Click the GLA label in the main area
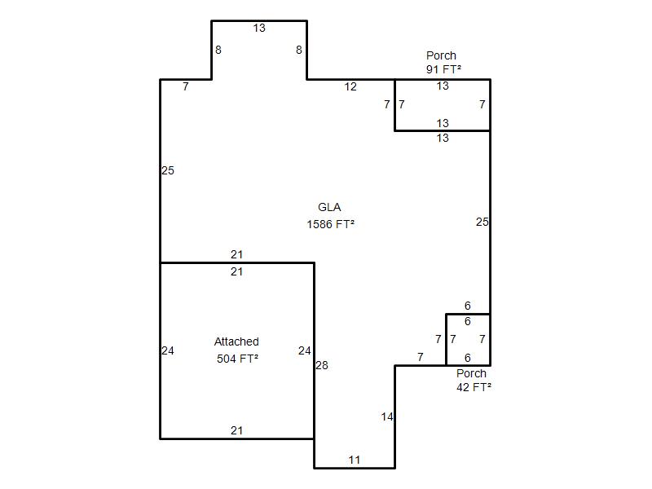[329, 207]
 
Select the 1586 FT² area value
[331, 225]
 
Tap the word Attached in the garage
[236, 341]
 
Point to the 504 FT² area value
[237, 359]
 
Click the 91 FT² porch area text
[443, 69]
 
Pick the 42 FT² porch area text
[474, 387]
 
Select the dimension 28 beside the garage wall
[322, 365]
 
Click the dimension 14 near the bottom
[386, 416]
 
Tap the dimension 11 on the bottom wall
[355, 460]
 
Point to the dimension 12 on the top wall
[350, 86]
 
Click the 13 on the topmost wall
[259, 28]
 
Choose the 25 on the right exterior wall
[482, 222]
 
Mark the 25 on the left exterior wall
[168, 170]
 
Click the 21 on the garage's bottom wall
[236, 430]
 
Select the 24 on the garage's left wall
[168, 351]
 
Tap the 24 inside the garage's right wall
[304, 351]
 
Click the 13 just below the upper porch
[443, 138]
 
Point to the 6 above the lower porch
[467, 306]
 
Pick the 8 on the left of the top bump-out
[218, 50]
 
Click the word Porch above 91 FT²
[441, 55]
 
